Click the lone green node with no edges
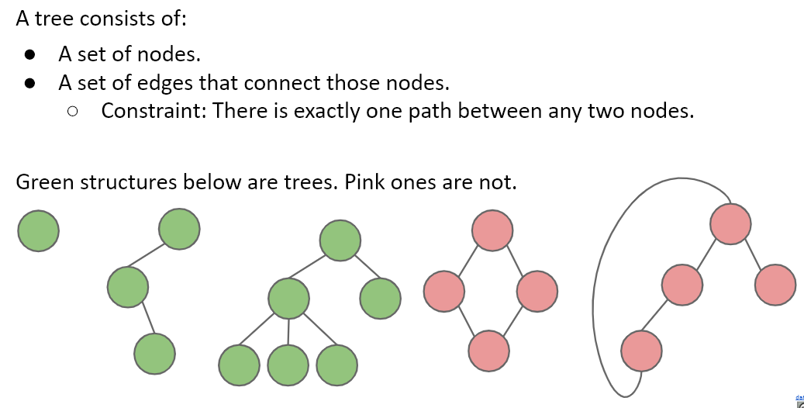click(x=38, y=231)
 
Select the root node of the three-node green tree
click(x=179, y=229)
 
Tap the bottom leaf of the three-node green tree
click(x=154, y=353)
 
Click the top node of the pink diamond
click(x=492, y=230)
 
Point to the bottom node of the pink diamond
click(x=489, y=350)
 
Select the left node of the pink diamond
click(x=444, y=291)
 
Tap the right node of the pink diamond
click(x=537, y=291)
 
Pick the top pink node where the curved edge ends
click(x=730, y=223)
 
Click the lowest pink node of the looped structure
click(x=641, y=350)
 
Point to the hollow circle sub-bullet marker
click(x=73, y=112)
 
